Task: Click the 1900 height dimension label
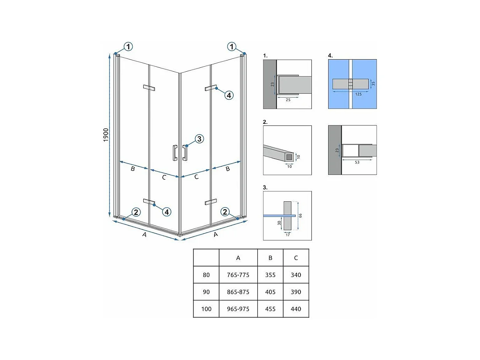pyautogui.click(x=105, y=135)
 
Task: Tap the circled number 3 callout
pyautogui.click(x=199, y=139)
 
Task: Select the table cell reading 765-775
pyautogui.click(x=238, y=275)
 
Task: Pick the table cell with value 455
pyautogui.click(x=270, y=309)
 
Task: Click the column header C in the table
pyautogui.click(x=295, y=258)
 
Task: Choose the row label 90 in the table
pyautogui.click(x=206, y=292)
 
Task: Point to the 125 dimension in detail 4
pyautogui.click(x=359, y=94)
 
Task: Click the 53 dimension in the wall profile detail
pyautogui.click(x=357, y=162)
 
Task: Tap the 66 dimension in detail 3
pyautogui.click(x=301, y=215)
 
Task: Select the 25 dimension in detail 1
pyautogui.click(x=288, y=100)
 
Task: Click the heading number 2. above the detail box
pyautogui.click(x=265, y=122)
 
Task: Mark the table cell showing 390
pyautogui.click(x=295, y=292)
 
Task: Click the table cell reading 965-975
pyautogui.click(x=238, y=309)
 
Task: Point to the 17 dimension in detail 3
pyautogui.click(x=288, y=235)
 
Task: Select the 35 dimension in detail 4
pyautogui.click(x=373, y=84)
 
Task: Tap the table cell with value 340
pyautogui.click(x=295, y=275)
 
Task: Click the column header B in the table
pyautogui.click(x=270, y=258)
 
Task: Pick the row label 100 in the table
pyautogui.click(x=206, y=309)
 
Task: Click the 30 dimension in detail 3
pyautogui.click(x=279, y=223)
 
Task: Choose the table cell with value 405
pyautogui.click(x=270, y=292)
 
